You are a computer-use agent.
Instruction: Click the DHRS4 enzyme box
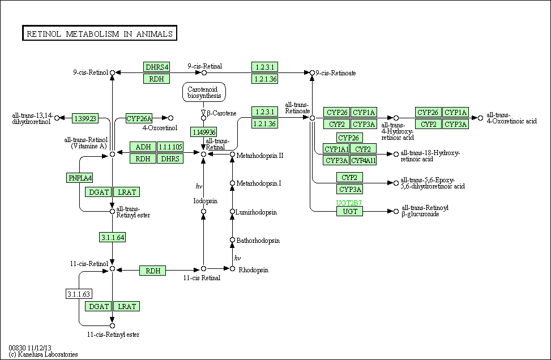click(x=157, y=67)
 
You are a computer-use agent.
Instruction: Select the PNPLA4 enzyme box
click(x=80, y=178)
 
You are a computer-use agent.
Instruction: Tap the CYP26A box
click(x=139, y=118)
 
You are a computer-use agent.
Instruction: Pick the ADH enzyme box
click(x=143, y=147)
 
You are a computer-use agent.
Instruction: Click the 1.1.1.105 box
click(x=170, y=147)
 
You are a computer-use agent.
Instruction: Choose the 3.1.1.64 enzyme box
click(x=112, y=237)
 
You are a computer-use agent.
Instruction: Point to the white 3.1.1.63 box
click(x=79, y=294)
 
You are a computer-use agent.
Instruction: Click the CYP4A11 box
click(x=364, y=160)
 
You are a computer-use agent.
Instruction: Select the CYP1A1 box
click(x=336, y=149)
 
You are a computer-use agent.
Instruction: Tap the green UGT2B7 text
click(x=349, y=203)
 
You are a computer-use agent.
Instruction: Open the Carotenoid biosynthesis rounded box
click(x=204, y=92)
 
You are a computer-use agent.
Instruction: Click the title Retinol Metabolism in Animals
click(x=99, y=34)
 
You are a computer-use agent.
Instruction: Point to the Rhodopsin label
click(x=251, y=269)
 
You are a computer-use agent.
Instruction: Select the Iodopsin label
click(x=203, y=201)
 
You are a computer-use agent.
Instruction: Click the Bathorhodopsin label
click(x=258, y=241)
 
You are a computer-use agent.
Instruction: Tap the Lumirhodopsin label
click(x=257, y=212)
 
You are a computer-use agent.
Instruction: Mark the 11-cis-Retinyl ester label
click(x=113, y=335)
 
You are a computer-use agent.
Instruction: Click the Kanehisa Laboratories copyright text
click(x=44, y=354)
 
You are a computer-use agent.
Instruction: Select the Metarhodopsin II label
click(x=260, y=155)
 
